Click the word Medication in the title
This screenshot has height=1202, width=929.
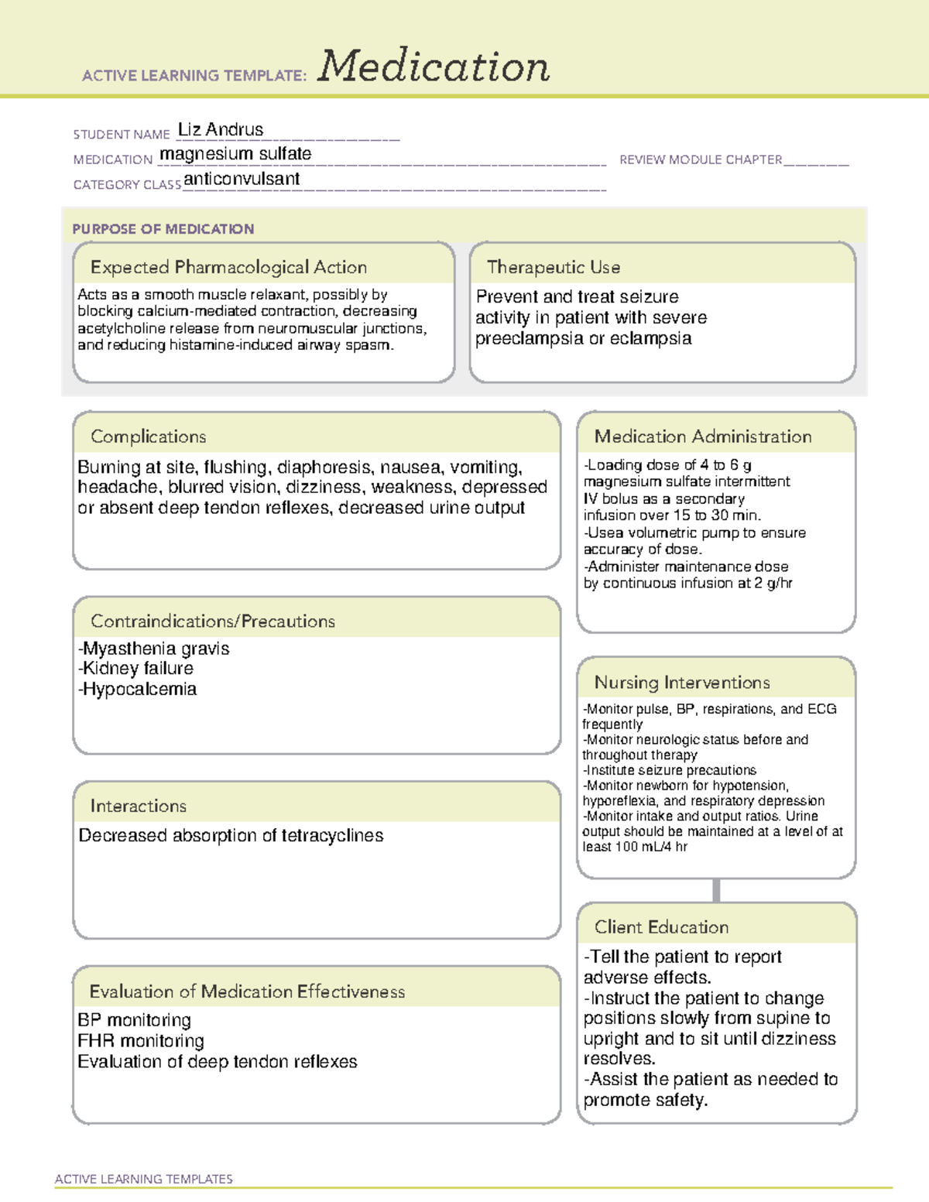pos(434,67)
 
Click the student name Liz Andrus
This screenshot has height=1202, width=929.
pos(221,130)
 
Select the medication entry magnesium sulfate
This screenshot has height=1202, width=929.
pos(235,154)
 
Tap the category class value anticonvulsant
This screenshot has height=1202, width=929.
pos(242,179)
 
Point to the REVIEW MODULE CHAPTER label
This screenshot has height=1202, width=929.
pos(701,159)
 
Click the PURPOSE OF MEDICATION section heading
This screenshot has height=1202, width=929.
pos(163,229)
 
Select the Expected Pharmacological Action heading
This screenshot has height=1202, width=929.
pos(228,267)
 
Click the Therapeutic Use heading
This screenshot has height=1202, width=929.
pos(554,267)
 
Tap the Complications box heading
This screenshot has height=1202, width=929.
pos(149,437)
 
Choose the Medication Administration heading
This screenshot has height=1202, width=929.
pos(703,437)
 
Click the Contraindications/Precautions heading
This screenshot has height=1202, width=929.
pos(213,621)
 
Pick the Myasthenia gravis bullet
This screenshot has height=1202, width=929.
pos(154,649)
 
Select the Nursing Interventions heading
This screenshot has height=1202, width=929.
pos(682,682)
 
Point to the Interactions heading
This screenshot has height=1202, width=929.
pos(139,806)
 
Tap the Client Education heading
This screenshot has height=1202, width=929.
pos(661,927)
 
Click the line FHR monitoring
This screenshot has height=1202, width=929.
pos(141,1041)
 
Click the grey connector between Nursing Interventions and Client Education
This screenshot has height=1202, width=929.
pos(716,890)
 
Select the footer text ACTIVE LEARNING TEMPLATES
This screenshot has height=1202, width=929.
pos(144,1179)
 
